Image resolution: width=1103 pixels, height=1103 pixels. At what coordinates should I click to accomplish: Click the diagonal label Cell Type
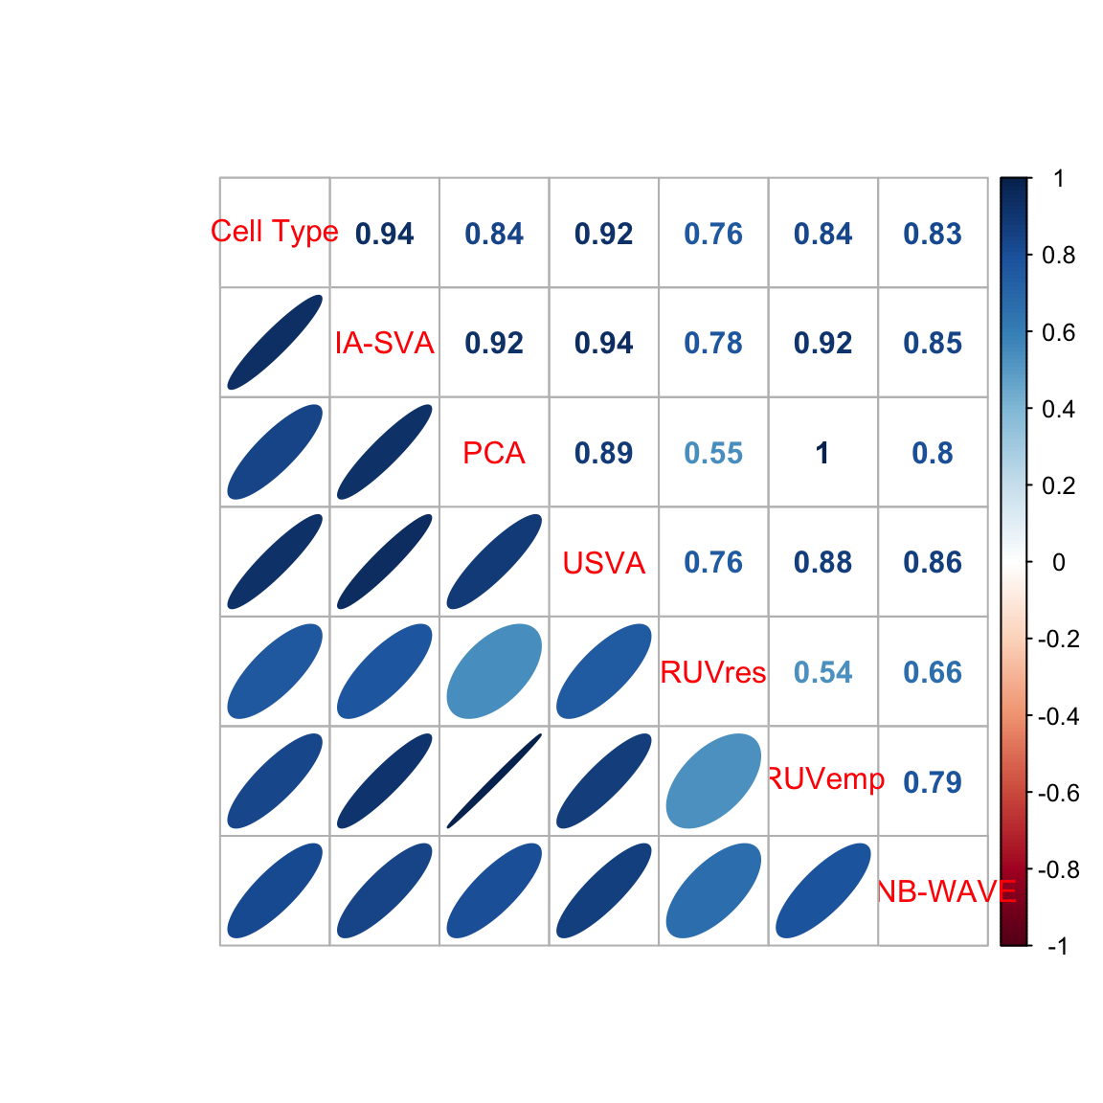click(275, 232)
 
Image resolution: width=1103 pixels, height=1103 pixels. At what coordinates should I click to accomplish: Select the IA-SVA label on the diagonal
click(384, 344)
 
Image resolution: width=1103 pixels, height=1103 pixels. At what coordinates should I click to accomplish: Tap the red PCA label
click(494, 453)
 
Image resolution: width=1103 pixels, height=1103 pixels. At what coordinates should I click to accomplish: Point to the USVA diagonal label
click(603, 563)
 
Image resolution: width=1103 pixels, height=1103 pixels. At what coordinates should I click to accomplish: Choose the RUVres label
click(712, 672)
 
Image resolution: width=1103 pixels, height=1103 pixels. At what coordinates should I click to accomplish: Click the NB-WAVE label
click(946, 891)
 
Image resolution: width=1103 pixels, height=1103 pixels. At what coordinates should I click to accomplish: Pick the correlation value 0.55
click(713, 453)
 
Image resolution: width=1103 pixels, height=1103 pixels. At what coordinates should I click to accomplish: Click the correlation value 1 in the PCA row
click(822, 453)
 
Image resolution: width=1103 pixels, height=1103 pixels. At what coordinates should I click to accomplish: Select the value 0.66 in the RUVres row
click(933, 672)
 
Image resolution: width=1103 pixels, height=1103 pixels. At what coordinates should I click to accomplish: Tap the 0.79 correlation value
click(933, 782)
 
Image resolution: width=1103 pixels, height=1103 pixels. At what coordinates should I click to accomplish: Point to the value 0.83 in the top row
click(933, 234)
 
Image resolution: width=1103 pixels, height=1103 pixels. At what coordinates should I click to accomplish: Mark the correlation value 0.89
click(603, 453)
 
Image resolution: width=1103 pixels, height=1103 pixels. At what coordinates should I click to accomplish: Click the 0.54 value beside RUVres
click(823, 672)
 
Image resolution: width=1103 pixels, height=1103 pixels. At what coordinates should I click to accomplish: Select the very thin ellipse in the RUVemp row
click(494, 781)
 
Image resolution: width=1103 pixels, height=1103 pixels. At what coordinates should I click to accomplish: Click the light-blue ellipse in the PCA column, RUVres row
click(494, 672)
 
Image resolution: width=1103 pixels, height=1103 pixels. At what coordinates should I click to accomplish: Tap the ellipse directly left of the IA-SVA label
click(275, 343)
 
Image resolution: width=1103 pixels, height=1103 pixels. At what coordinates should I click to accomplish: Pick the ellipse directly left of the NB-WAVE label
click(823, 891)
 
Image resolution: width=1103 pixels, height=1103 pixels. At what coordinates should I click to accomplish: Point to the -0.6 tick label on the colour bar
click(1058, 794)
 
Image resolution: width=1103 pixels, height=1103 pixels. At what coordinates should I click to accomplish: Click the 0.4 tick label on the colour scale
click(1059, 409)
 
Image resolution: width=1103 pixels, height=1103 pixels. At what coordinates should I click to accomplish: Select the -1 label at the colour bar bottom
click(1057, 946)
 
